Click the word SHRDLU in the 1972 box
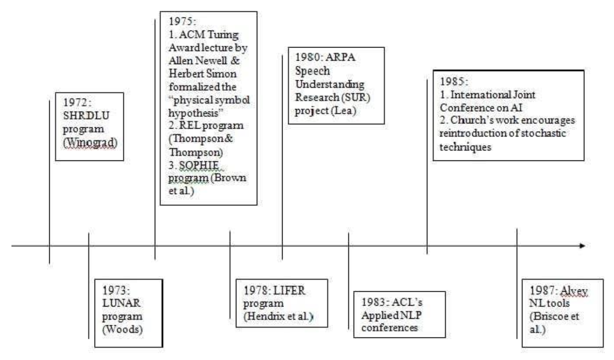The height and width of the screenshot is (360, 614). pyautogui.click(x=86, y=115)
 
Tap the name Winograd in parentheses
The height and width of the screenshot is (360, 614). pyautogui.click(x=90, y=142)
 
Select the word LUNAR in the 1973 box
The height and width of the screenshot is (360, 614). pyautogui.click(x=121, y=303)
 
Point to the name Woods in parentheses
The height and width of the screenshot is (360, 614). pyautogui.click(x=122, y=329)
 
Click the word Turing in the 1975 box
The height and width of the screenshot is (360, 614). pyautogui.click(x=223, y=35)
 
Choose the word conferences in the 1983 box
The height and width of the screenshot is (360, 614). pyautogui.click(x=390, y=328)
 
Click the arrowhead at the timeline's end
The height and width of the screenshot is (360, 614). pyautogui.click(x=582, y=246)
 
